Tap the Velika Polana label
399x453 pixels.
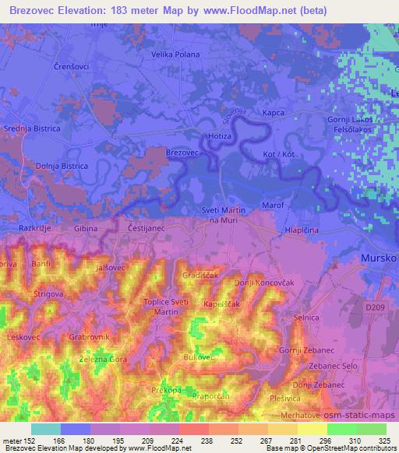[175, 54]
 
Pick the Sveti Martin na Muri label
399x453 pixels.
[223, 216]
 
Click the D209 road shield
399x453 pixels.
[375, 309]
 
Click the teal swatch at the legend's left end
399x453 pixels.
[46, 429]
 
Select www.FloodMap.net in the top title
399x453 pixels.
[254, 9]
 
